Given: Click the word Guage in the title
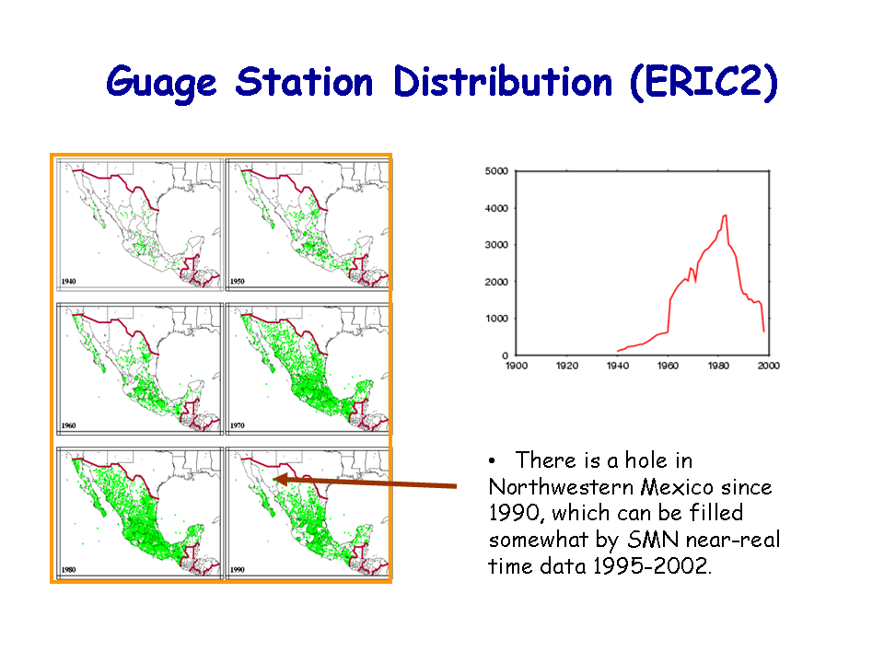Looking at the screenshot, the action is click(161, 84).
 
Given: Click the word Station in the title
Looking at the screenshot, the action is click(305, 82).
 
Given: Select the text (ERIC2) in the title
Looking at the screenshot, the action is click(704, 82).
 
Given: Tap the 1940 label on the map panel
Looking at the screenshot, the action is click(69, 281).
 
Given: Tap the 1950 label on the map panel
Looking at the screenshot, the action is click(238, 281).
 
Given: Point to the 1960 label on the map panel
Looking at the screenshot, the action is click(69, 425).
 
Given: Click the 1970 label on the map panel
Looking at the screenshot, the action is click(238, 425).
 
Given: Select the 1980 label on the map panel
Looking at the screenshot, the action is click(69, 569).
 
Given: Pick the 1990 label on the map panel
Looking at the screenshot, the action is click(238, 569).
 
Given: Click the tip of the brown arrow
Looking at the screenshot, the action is click(273, 479).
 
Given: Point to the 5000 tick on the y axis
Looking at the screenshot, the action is click(496, 171).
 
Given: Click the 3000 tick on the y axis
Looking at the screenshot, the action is click(496, 245).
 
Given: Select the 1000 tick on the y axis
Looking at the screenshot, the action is click(496, 319).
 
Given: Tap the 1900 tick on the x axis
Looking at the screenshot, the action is click(517, 366).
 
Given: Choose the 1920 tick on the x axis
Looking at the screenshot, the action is click(567, 366).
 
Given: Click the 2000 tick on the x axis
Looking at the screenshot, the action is click(768, 366).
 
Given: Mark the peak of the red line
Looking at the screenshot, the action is click(725, 215).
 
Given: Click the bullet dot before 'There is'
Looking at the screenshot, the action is click(492, 461).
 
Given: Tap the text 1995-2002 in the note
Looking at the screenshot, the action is click(652, 565).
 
